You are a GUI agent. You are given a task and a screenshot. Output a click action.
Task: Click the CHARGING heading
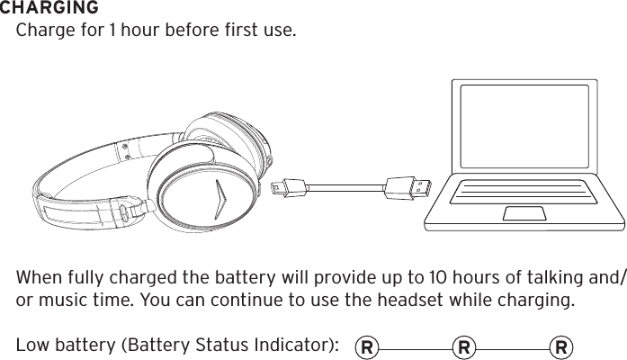49,8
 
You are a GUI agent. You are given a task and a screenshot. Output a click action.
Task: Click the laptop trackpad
524,212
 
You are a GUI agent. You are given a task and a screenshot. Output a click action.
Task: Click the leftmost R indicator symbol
366,346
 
